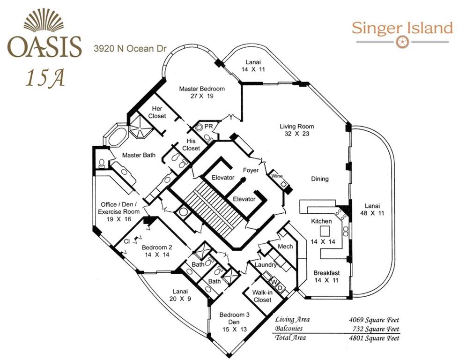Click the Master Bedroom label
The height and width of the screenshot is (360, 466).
pos(202,89)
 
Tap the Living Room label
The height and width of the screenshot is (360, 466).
pos(296,126)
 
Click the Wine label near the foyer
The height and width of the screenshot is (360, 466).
pos(276,176)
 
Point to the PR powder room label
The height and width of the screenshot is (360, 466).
pos(208,127)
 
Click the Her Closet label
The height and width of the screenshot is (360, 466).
pos(157,112)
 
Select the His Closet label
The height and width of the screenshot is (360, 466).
pos(191,144)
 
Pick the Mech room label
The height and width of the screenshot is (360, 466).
pos(285,246)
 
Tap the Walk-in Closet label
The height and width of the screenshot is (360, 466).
pos(262,296)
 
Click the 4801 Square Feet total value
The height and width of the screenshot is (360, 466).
pos(370,337)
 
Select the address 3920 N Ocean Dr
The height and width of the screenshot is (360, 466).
pos(130,48)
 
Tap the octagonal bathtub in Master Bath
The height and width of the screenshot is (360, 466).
pos(115,136)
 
